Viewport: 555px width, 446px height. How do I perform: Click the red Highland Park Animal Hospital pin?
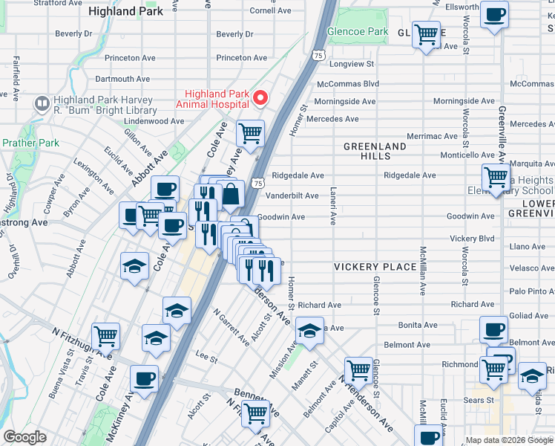click(x=260, y=97)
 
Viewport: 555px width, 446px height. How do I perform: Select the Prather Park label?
click(x=30, y=143)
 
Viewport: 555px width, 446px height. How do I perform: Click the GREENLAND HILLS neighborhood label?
click(x=375, y=152)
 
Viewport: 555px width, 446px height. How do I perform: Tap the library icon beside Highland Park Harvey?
click(x=42, y=103)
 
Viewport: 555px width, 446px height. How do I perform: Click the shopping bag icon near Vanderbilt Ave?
click(x=231, y=195)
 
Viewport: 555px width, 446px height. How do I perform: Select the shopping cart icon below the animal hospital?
click(x=251, y=134)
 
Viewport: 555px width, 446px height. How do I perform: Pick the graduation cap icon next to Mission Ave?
click(x=309, y=329)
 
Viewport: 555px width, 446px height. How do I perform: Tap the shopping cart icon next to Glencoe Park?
click(x=426, y=34)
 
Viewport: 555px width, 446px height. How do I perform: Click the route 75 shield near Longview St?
click(x=318, y=55)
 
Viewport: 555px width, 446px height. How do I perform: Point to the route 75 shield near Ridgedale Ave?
click(x=257, y=183)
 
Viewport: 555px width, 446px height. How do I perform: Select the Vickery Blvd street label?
click(x=471, y=239)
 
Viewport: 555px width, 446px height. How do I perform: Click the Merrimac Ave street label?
click(x=432, y=136)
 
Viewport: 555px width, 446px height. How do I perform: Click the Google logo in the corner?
click(x=24, y=437)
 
